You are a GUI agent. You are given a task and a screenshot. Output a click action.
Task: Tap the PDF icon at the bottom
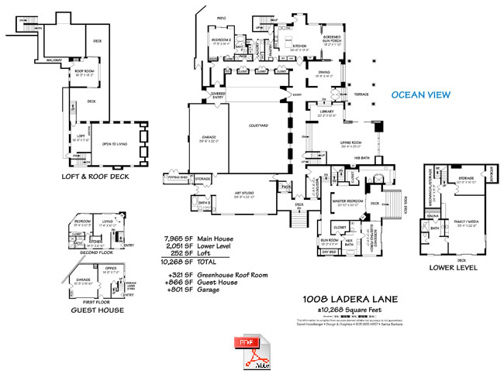pyautogui.click(x=247, y=351)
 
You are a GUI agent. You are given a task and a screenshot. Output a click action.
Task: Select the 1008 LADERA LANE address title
pyautogui.click(x=352, y=298)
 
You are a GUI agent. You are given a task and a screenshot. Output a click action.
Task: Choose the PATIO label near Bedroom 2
pyautogui.click(x=221, y=18)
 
